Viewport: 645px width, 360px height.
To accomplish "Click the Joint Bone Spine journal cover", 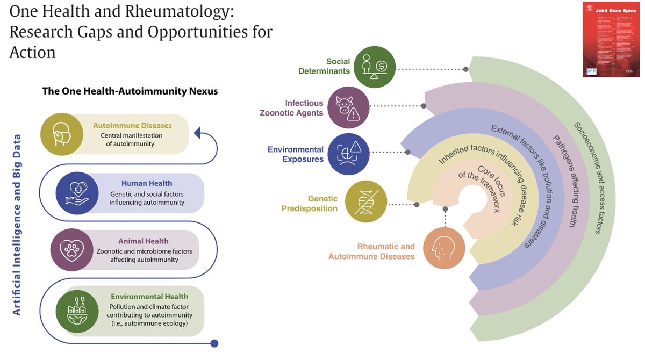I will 611,39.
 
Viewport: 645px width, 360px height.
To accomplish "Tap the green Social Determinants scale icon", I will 375,67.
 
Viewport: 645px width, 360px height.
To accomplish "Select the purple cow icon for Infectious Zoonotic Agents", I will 348,107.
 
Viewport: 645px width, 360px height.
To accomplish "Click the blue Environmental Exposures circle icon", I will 348,154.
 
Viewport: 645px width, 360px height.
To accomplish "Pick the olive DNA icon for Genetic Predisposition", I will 366,201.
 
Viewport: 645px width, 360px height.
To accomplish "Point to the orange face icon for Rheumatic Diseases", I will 444,248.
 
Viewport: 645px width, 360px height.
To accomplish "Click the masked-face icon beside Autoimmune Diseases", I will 62,135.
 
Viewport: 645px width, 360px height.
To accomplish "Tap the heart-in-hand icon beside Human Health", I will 77,193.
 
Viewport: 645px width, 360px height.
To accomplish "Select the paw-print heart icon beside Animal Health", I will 71,249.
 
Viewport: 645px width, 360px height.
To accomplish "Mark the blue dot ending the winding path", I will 214,343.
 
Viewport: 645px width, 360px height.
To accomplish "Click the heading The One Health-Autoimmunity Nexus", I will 130,91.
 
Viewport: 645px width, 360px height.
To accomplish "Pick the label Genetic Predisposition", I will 310,204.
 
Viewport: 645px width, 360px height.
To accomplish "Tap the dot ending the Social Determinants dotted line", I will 465,69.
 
